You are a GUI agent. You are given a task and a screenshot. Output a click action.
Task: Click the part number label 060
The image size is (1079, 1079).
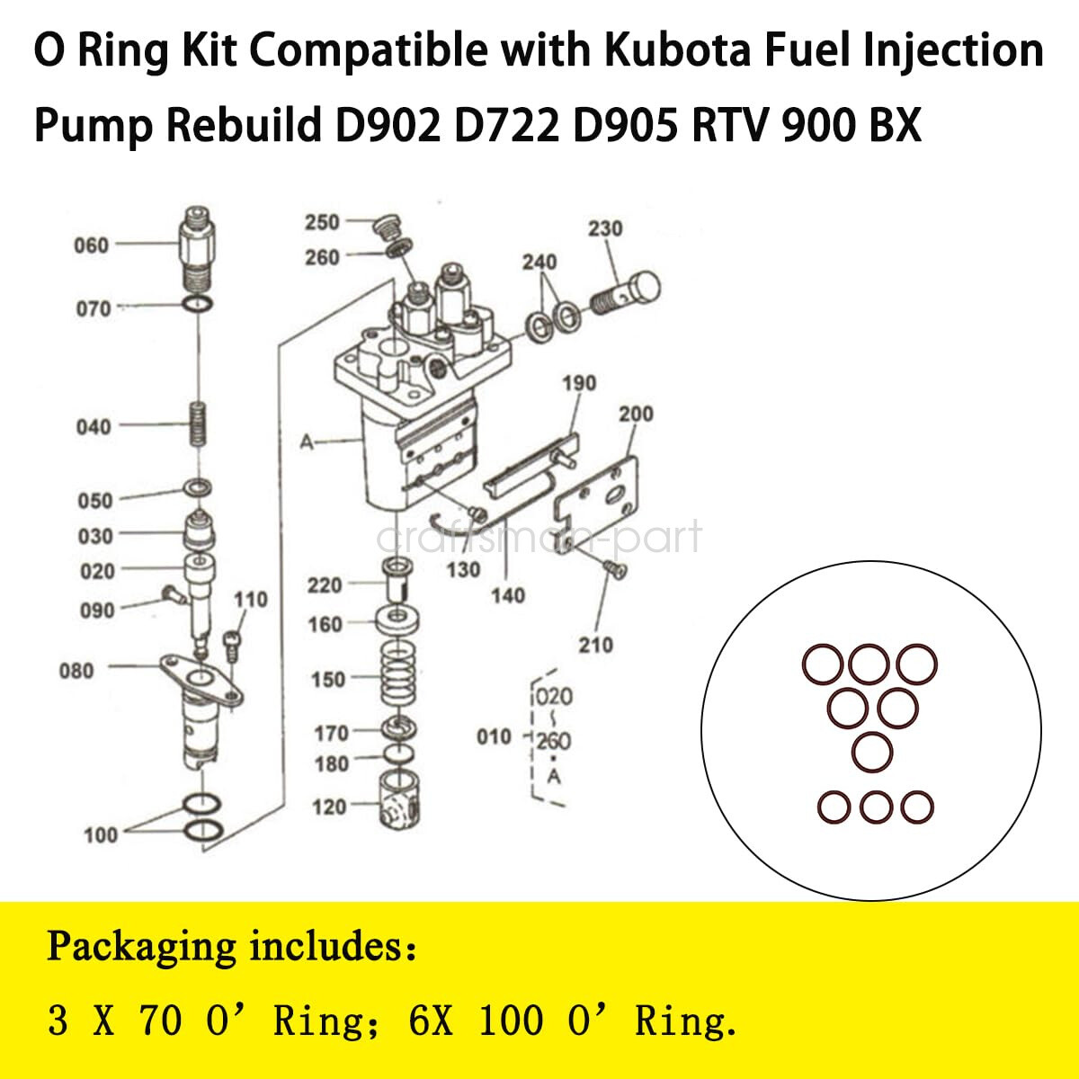coord(91,245)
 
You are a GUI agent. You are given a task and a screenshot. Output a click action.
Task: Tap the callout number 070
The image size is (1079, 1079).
coord(93,309)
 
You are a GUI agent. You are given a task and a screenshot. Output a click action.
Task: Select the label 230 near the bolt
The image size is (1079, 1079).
coord(605,229)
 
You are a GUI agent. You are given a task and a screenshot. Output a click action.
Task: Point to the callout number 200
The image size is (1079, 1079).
coord(636,415)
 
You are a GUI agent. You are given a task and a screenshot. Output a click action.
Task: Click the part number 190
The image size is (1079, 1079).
coord(579,383)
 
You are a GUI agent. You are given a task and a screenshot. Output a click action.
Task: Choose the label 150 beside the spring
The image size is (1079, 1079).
coord(327,680)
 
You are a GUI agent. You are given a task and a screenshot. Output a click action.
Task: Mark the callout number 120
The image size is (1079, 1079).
coord(328,807)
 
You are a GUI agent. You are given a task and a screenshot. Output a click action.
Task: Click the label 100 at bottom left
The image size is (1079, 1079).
coord(101,835)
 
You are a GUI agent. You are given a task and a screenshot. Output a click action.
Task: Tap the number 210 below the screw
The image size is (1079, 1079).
coord(595,645)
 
